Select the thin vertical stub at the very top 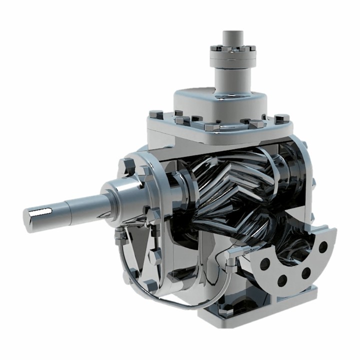point(233,38)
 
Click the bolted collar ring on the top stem point(233,56)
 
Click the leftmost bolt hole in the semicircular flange point(265,264)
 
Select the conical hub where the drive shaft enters point(122,195)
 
